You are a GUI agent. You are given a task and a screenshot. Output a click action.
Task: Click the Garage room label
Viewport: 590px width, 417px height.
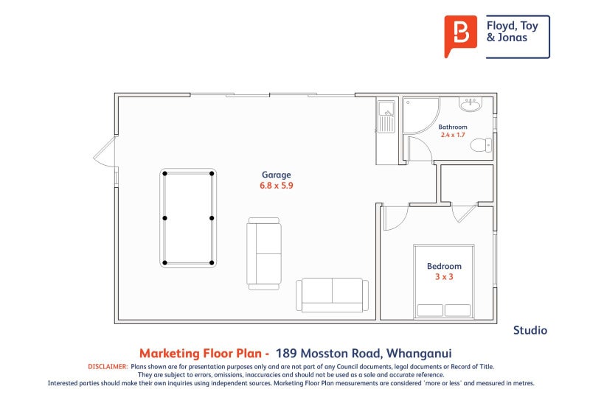pyautogui.click(x=277, y=175)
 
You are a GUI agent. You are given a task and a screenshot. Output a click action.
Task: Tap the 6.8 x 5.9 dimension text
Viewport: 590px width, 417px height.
pyautogui.click(x=277, y=186)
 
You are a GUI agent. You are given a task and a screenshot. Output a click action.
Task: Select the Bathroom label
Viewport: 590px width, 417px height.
pyautogui.click(x=453, y=127)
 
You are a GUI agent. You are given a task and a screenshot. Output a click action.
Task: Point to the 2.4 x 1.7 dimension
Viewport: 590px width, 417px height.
pyautogui.click(x=453, y=135)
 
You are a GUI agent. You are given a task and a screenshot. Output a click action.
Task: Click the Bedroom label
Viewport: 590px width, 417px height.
pyautogui.click(x=444, y=266)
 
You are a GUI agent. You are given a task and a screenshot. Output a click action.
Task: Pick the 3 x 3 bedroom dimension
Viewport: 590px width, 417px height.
pyautogui.click(x=444, y=276)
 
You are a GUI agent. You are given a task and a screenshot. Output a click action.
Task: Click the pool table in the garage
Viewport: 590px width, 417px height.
pyautogui.click(x=188, y=218)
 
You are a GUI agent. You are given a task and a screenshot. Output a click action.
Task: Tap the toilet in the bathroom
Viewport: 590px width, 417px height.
pyautogui.click(x=481, y=145)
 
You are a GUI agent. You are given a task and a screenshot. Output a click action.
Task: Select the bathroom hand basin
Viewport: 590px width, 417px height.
pyautogui.click(x=470, y=105)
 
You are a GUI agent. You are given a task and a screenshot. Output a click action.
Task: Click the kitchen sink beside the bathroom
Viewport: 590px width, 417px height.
pyautogui.click(x=386, y=116)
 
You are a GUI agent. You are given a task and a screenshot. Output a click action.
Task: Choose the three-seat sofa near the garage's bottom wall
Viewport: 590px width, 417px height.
pyautogui.click(x=333, y=295)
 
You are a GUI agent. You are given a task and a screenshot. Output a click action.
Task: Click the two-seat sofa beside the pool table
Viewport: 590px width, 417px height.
pyautogui.click(x=264, y=253)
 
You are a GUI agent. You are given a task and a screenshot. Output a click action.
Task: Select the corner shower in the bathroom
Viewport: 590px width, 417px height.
pyautogui.click(x=419, y=115)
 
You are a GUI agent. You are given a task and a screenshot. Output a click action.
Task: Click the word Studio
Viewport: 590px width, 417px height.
pyautogui.click(x=530, y=331)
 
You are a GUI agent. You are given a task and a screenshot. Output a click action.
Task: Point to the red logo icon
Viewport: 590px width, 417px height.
pyautogui.click(x=461, y=35)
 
